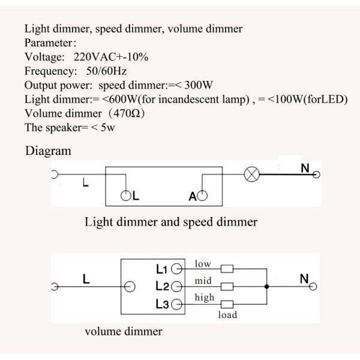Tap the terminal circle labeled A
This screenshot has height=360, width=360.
tap(202, 196)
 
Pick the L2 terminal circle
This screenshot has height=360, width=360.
tap(177, 286)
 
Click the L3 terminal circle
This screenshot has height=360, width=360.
tap(177, 304)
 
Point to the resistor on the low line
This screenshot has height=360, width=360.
tap(227, 269)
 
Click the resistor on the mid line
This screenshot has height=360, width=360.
tap(227, 286)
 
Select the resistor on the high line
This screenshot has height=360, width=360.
tap(227, 304)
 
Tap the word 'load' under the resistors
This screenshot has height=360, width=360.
tap(227, 315)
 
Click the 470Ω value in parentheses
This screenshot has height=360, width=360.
tap(127, 113)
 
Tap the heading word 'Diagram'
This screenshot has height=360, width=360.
tap(48, 151)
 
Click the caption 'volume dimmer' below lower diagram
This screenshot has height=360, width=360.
tap(123, 331)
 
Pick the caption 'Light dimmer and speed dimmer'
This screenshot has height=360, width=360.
tap(171, 222)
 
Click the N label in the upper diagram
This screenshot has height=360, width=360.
tap(305, 169)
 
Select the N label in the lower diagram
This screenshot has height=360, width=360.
tap(304, 279)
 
